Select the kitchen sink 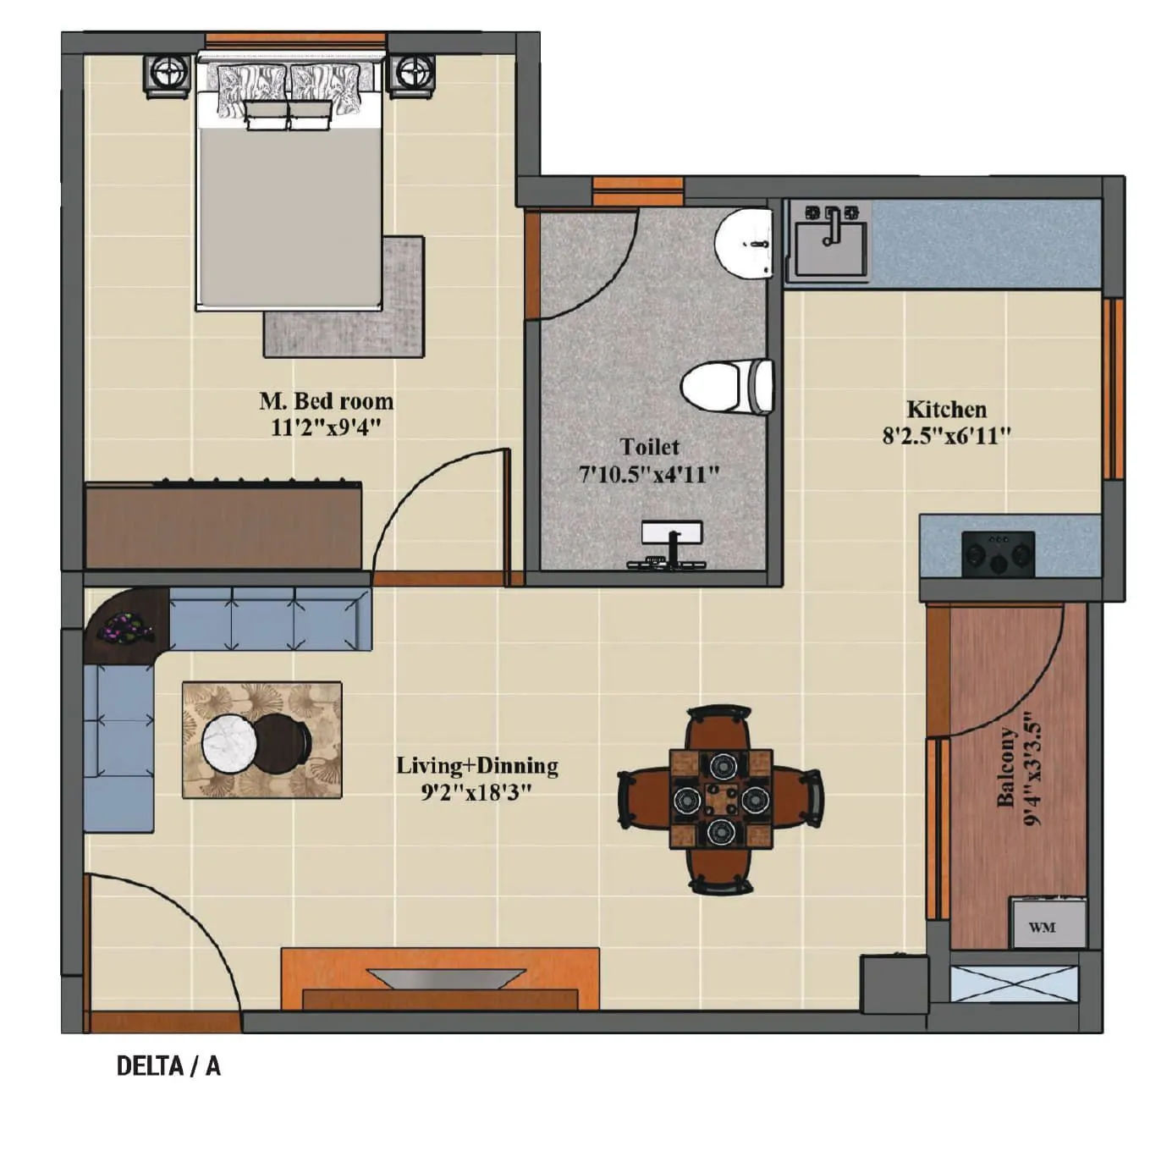[828, 242]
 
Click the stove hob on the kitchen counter [999, 554]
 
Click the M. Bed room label [326, 400]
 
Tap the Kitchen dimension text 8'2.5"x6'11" [947, 436]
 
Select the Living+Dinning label [477, 766]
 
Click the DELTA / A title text [168, 1066]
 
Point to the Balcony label [1005, 767]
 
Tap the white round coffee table [229, 742]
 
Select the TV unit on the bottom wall [440, 979]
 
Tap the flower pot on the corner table [124, 627]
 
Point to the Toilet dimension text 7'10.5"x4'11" [649, 474]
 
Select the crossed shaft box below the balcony [1014, 983]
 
